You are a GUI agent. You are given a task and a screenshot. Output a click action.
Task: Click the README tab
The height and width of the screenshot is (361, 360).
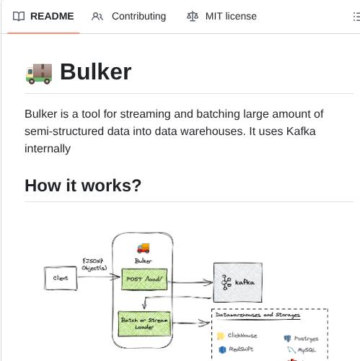[52, 16]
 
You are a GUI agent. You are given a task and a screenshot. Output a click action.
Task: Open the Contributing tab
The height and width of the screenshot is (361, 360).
[138, 16]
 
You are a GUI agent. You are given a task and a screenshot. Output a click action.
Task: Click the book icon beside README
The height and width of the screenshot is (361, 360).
[19, 16]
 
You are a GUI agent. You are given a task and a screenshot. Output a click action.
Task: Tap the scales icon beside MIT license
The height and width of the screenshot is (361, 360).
[193, 16]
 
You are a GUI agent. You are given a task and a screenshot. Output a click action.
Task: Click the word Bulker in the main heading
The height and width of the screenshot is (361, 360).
[95, 71]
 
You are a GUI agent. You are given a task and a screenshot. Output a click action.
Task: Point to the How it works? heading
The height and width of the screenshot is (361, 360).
[82, 186]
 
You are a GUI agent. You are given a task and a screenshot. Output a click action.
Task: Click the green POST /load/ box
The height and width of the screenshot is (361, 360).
[143, 279]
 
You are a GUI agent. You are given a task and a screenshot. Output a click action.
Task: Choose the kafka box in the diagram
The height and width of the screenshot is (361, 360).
[237, 281]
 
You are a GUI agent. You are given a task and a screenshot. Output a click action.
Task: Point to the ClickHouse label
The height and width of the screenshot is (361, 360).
[242, 335]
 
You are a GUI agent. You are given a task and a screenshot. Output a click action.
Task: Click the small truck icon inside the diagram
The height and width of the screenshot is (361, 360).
[143, 248]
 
